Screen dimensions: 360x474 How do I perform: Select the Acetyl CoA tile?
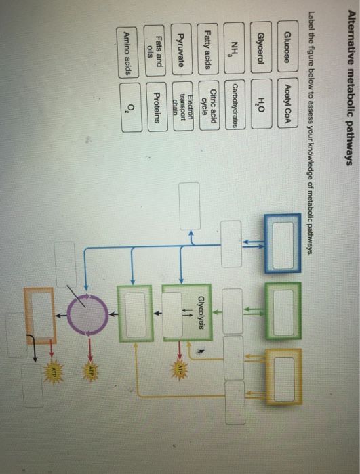287,103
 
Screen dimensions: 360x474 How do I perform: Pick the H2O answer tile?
262,104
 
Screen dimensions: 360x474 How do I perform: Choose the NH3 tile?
235,48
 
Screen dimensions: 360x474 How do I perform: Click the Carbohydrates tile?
235,104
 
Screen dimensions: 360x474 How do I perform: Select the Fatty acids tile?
208,49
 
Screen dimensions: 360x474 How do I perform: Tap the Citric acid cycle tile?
209,106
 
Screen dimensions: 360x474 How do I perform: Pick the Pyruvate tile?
182,49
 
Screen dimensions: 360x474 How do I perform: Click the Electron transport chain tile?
183,106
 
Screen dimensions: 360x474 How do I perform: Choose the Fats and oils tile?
155,51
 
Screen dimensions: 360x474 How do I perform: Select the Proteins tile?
157,107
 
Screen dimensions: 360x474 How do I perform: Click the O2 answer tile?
131,108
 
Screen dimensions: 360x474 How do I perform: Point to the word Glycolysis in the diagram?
202,313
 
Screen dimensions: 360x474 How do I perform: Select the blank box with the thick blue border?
283,244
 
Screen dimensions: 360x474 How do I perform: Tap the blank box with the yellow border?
284,376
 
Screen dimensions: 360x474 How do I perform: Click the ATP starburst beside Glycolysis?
179,370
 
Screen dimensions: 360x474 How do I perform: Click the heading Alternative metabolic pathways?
351,87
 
